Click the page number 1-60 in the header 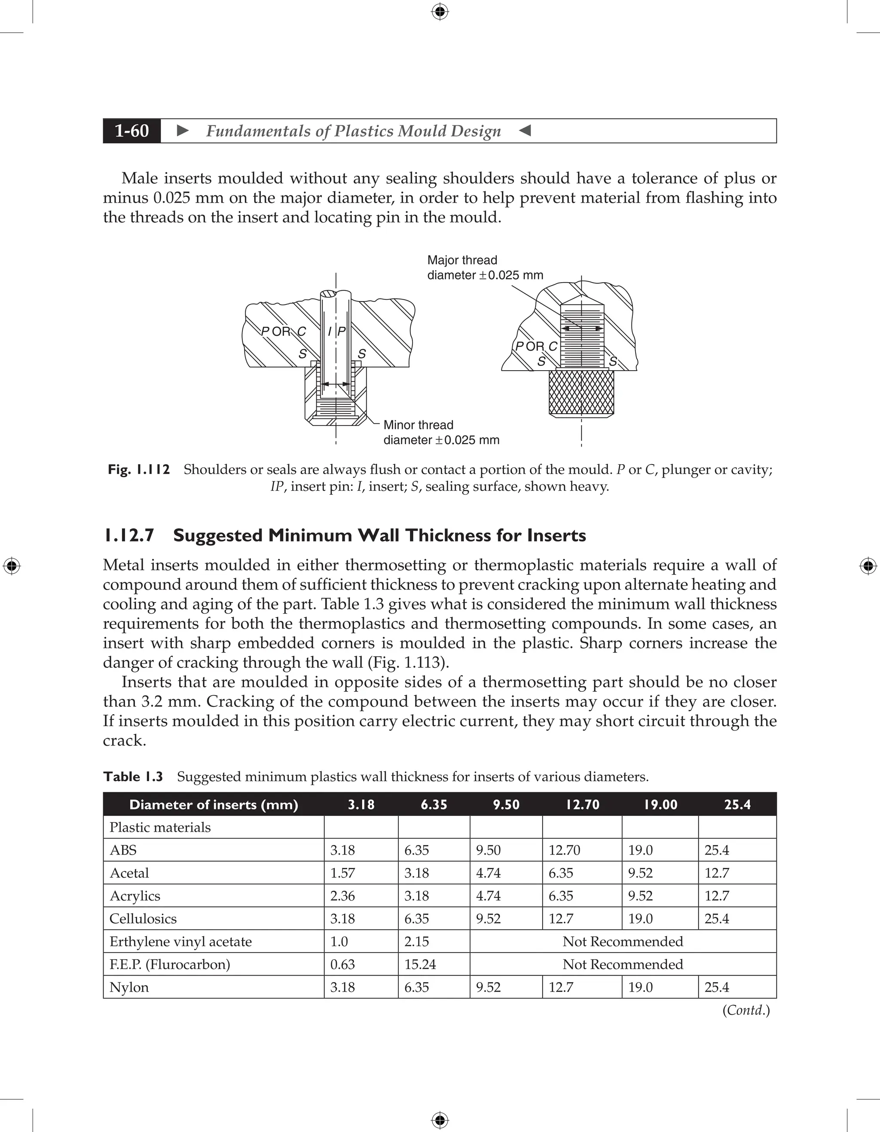(132, 131)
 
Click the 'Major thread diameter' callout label (484, 268)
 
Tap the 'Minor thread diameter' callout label (441, 432)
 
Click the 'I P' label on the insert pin (336, 331)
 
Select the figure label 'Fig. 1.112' (138, 470)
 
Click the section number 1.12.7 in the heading (129, 536)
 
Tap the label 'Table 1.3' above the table (133, 776)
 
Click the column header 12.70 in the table (582, 804)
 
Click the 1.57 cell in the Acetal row (343, 873)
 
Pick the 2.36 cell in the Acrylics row (343, 896)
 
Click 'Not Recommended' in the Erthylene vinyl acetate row (622, 941)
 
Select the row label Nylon (129, 987)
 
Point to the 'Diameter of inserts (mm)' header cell (214, 804)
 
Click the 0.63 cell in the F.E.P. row (341, 964)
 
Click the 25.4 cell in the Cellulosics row (717, 919)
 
